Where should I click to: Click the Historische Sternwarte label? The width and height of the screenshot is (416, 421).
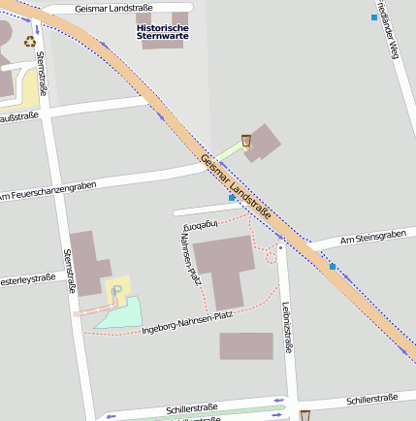click(x=162, y=34)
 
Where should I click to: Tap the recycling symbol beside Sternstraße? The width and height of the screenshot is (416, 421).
click(x=30, y=42)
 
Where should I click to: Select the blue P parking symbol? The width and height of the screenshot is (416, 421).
click(x=118, y=289)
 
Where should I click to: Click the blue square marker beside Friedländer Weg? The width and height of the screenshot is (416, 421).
click(x=374, y=16)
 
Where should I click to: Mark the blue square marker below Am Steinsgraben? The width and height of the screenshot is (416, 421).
click(x=332, y=266)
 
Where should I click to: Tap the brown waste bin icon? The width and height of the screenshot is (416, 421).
click(x=247, y=141)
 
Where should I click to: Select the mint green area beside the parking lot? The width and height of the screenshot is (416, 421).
click(x=123, y=313)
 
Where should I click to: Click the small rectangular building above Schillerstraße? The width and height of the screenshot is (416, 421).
click(x=246, y=346)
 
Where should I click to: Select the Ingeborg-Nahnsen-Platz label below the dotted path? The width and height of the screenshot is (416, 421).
click(x=187, y=321)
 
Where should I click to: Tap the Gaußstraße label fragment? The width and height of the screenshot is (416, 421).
click(x=18, y=116)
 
